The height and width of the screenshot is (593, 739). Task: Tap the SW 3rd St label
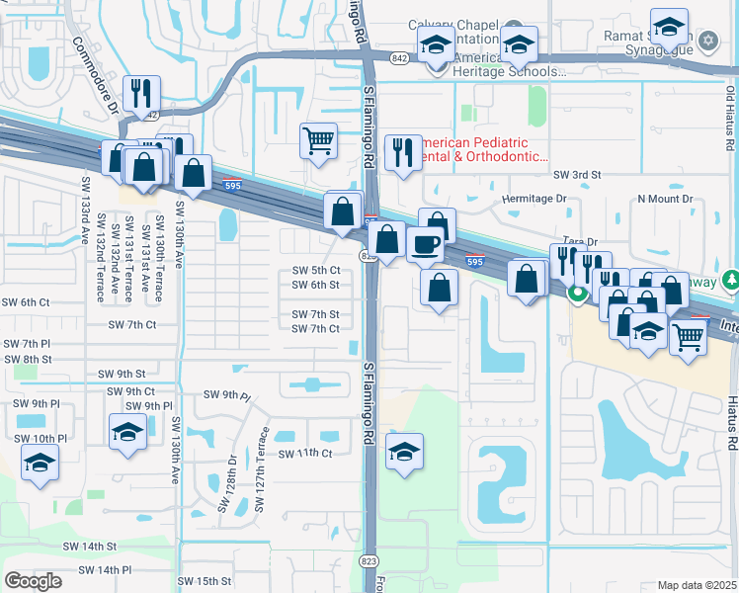(577, 175)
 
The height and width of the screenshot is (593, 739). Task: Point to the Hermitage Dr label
(534, 199)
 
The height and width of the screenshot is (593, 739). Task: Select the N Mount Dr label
(665, 199)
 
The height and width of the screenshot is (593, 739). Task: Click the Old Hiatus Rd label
(730, 118)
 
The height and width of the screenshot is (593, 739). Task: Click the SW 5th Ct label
(316, 270)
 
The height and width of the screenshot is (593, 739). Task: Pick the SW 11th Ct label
(304, 453)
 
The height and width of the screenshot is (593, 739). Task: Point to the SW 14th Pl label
(104, 570)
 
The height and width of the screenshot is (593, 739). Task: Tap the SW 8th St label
(26, 359)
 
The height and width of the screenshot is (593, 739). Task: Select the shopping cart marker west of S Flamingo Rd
(318, 140)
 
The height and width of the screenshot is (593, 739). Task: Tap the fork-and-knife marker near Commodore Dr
(144, 93)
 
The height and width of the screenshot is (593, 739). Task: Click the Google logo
(33, 581)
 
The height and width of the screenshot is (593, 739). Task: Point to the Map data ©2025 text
(697, 585)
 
